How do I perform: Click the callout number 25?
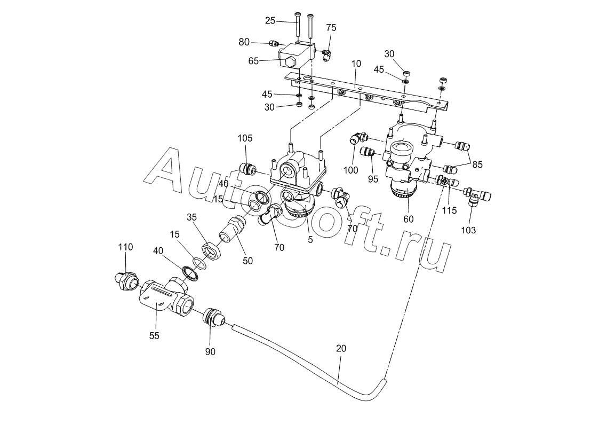tap(270, 21)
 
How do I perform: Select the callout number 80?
tap(244, 42)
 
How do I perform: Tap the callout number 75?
tap(331, 28)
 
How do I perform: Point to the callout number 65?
tap(254, 61)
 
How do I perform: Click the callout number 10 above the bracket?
tap(356, 64)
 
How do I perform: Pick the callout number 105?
tap(245, 138)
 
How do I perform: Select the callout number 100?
tap(351, 170)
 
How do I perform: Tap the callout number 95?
tap(373, 178)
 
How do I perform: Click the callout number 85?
tap(477, 164)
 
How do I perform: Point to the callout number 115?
tap(449, 210)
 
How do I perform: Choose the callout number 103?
tap(469, 230)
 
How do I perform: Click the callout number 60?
tap(409, 219)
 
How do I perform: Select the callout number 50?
tap(248, 261)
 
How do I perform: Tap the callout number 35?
tap(192, 217)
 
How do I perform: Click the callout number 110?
tap(126, 247)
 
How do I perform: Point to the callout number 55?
tap(154, 336)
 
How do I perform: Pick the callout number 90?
tap(211, 352)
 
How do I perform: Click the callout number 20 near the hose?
tap(341, 348)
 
